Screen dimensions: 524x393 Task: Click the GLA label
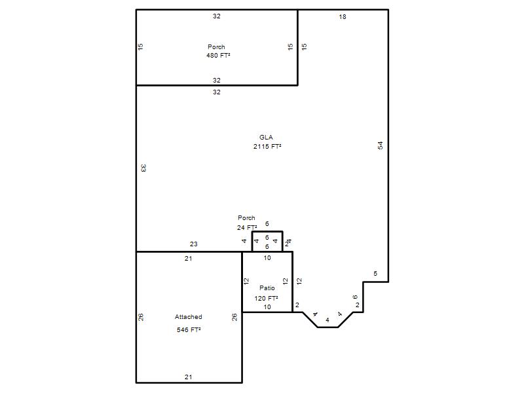tap(266, 137)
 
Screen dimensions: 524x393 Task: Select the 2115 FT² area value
tap(267, 146)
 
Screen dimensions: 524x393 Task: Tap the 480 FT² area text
tap(218, 56)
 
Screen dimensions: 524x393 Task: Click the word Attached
tap(189, 317)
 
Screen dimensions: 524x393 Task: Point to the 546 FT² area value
tap(189, 330)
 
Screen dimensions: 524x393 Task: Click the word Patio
tap(267, 288)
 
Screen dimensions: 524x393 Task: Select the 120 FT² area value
tap(266, 299)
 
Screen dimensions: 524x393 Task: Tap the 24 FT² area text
tap(247, 227)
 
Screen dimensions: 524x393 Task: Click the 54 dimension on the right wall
tap(381, 145)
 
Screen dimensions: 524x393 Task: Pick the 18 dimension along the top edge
tap(343, 17)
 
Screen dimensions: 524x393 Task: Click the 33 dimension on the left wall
tap(143, 168)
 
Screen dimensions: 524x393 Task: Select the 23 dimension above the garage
tap(194, 244)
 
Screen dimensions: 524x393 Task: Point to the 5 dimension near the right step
tap(375, 274)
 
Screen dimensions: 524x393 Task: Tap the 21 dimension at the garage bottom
tap(189, 377)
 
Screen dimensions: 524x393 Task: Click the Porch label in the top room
tap(216, 47)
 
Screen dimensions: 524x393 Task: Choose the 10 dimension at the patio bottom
tap(267, 307)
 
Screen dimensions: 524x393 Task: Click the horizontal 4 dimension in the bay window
tap(327, 320)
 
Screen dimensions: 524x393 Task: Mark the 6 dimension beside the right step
tap(355, 297)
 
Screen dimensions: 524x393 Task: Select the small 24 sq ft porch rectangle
tap(267, 231)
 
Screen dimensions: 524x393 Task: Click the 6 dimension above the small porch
tap(267, 224)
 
